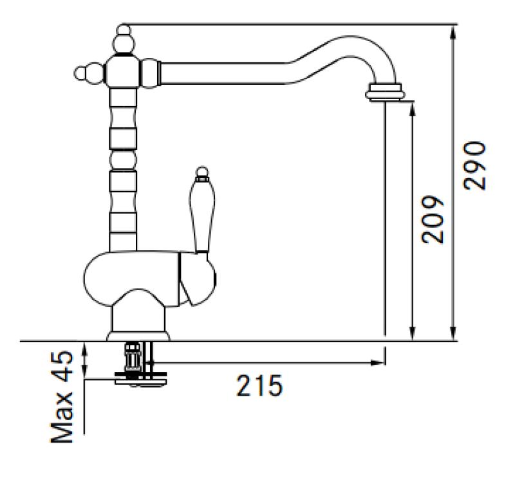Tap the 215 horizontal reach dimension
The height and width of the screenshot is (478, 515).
pos(259,386)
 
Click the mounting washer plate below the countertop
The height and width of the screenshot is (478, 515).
pos(140,380)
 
